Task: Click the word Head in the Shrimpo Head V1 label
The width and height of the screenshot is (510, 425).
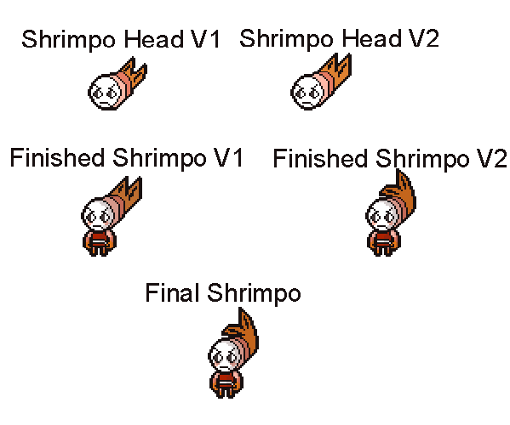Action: coord(154,39)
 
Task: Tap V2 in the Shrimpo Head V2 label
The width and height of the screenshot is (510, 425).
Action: coord(424,38)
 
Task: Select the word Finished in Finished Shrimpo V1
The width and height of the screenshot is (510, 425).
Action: coord(57,158)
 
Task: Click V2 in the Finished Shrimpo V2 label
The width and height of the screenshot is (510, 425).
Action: coord(491,158)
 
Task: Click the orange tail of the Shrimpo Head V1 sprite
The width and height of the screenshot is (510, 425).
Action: coord(135,74)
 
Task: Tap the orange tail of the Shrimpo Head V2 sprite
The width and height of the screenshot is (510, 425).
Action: coord(338,72)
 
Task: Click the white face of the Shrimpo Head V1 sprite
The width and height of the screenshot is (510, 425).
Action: coord(105,92)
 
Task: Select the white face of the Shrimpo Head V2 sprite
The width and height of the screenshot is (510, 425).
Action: coord(307,92)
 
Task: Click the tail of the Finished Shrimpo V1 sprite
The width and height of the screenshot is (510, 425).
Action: coord(128,192)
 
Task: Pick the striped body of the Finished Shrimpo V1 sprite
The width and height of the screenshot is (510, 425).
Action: coord(100,242)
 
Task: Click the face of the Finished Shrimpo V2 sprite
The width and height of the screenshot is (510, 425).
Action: coord(381,216)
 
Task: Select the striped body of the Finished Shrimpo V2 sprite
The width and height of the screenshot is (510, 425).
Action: coord(384,242)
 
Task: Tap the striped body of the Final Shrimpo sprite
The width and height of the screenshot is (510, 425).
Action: coord(226,384)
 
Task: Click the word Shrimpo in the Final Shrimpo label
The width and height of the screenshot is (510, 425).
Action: coord(254,293)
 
